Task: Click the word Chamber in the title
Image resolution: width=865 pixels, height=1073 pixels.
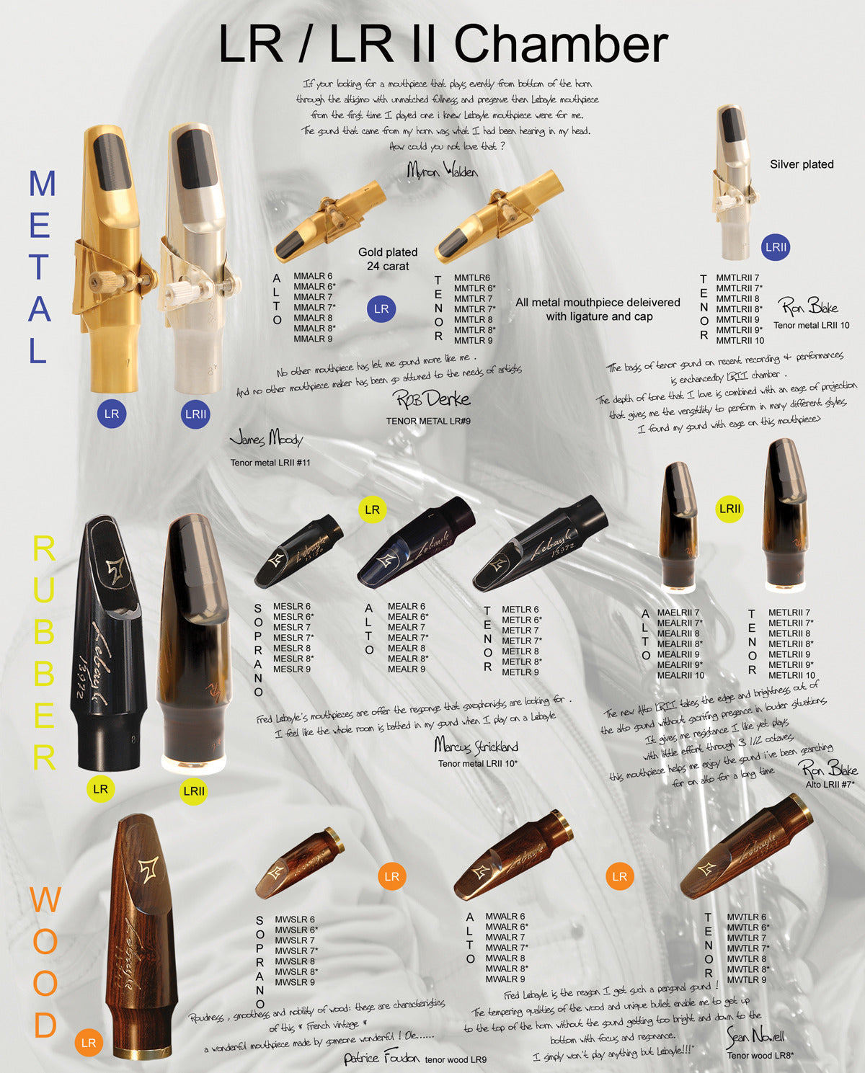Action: coord(561,45)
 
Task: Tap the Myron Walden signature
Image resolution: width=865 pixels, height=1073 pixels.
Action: coord(442,170)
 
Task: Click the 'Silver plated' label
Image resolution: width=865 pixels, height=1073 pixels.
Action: coord(802,164)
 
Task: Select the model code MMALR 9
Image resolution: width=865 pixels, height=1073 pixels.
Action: coord(313,339)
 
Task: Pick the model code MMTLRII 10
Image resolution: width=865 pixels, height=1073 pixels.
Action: coord(740,341)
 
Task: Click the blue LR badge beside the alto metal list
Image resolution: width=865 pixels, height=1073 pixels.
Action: coord(381,309)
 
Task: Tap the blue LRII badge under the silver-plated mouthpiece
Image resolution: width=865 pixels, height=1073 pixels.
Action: coord(776,247)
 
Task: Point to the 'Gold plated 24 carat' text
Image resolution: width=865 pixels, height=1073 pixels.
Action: coord(388,259)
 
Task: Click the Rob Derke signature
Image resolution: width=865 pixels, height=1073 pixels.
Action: coord(431,399)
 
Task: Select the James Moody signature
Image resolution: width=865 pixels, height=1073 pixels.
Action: coord(266,438)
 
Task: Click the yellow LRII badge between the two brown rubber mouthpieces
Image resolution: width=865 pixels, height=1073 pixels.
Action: coord(729,509)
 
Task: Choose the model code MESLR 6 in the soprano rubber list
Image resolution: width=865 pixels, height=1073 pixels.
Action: coord(292,607)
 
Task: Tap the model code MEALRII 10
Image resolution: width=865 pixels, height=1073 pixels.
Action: coord(680,676)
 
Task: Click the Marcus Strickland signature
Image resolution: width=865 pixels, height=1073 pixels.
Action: coord(476,745)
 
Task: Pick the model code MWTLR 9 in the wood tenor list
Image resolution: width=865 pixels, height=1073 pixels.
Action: coord(746,980)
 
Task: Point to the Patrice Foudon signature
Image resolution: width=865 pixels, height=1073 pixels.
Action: coord(381,1058)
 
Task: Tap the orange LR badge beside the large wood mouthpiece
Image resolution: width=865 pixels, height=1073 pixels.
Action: coord(89,1043)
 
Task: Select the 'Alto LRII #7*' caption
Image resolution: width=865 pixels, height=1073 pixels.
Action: coord(830,785)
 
